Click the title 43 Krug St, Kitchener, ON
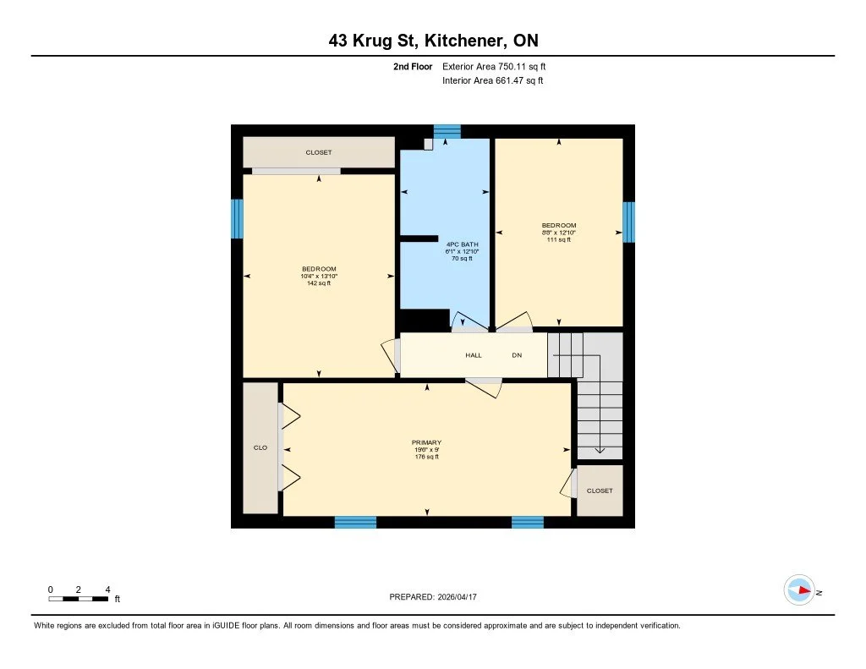433,40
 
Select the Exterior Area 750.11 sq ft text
500,66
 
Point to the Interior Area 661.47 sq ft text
492,81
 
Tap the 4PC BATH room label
462,251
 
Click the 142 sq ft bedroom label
319,276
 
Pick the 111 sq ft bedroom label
559,233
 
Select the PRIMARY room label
426,449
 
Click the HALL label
474,355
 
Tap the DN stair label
517,355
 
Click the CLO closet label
260,448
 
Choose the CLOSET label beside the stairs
600,491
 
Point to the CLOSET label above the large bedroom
319,153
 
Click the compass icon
798,589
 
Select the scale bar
79,599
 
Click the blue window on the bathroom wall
447,131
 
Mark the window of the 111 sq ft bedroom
628,222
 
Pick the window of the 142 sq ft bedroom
238,218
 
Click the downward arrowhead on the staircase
599,450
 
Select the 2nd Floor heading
413,66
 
